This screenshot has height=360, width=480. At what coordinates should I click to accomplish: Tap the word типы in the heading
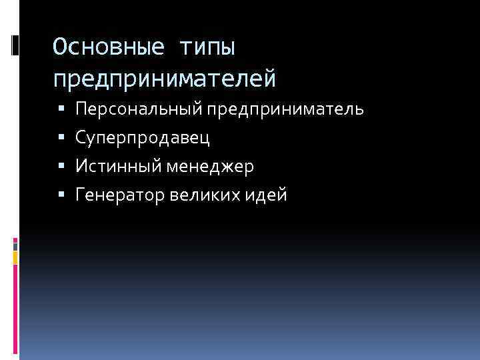click(x=209, y=48)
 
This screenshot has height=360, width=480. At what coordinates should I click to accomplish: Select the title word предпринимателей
click(x=164, y=79)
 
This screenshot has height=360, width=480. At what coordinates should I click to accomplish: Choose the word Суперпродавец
click(x=143, y=138)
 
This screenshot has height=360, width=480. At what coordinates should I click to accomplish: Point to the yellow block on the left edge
click(x=15, y=257)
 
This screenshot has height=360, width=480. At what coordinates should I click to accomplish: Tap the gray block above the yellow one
click(x=15, y=245)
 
